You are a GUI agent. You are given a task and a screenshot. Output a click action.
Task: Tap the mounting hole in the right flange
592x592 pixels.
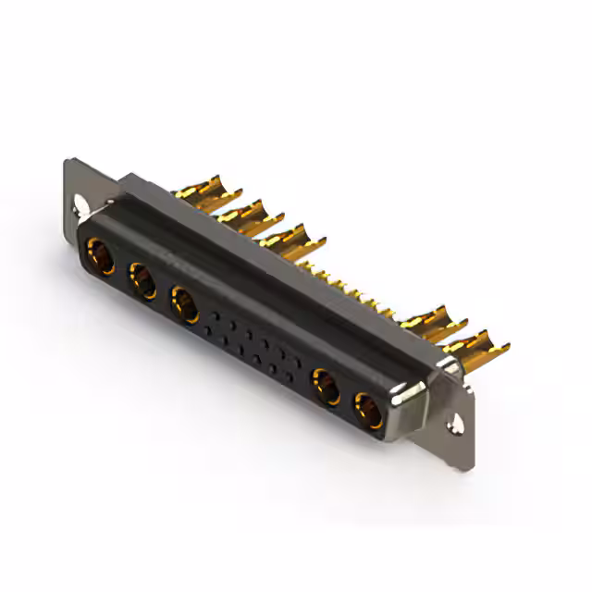pyautogui.click(x=455, y=425)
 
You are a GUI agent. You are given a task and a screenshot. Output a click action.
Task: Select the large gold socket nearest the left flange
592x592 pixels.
pyautogui.click(x=101, y=256)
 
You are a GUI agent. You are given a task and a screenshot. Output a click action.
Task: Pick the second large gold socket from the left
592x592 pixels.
pyautogui.click(x=143, y=279)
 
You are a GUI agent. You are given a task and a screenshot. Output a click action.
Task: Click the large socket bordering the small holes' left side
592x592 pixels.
pyautogui.click(x=185, y=304)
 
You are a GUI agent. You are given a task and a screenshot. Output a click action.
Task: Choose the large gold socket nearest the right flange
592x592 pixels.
pyautogui.click(x=368, y=410)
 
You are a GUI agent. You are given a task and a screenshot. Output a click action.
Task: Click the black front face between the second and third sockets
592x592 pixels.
pyautogui.click(x=165, y=294)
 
